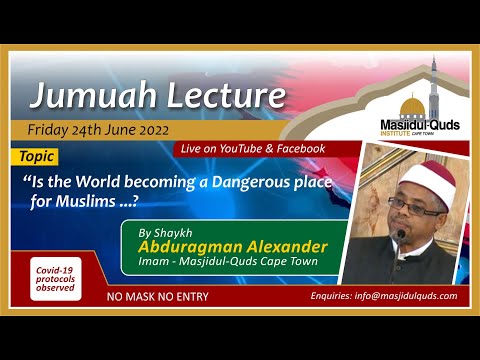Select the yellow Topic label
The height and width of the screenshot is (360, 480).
[37, 158]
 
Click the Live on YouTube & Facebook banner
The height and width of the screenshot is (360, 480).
[253, 149]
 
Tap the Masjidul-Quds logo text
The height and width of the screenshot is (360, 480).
[418, 124]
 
